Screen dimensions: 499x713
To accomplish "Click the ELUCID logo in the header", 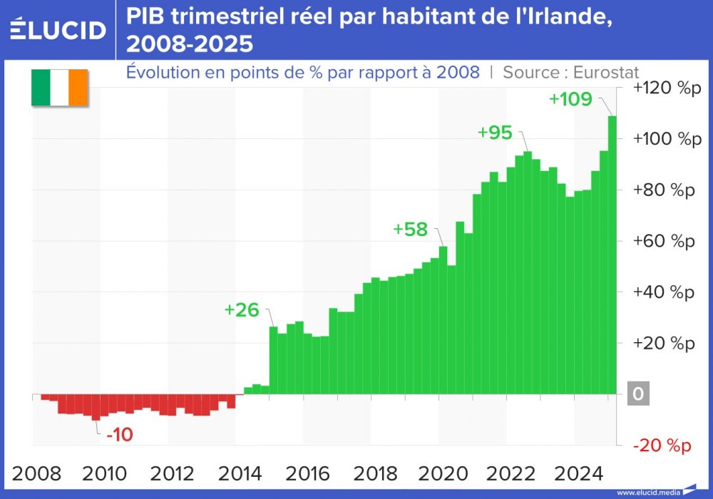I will [x=58, y=29].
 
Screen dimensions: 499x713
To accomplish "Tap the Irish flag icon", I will [x=58, y=88].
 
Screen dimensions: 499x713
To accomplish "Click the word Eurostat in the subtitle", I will [x=604, y=72].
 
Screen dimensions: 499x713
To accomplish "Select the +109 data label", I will [x=570, y=99].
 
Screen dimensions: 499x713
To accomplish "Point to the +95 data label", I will [x=495, y=133].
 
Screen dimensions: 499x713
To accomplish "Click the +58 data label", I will [x=410, y=230].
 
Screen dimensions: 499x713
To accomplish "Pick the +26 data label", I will [x=241, y=310].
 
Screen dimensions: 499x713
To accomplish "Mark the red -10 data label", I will [x=120, y=435].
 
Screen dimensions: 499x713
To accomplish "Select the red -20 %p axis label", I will [x=663, y=446].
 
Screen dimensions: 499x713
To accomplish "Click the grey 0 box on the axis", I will [x=638, y=394].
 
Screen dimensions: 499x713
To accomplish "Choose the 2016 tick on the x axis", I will [x=308, y=473].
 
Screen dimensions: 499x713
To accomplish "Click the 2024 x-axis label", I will [x=579, y=473].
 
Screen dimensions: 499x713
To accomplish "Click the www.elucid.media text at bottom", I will [x=648, y=492].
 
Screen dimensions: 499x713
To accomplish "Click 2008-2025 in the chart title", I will [x=189, y=44].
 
